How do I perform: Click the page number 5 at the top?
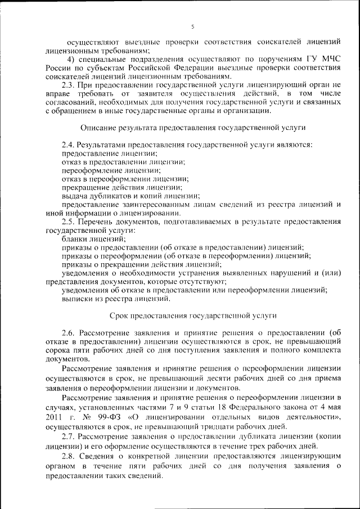(x=192, y=26)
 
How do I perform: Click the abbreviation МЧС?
(x=330, y=60)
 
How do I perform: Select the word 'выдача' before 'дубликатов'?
(x=73, y=196)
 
